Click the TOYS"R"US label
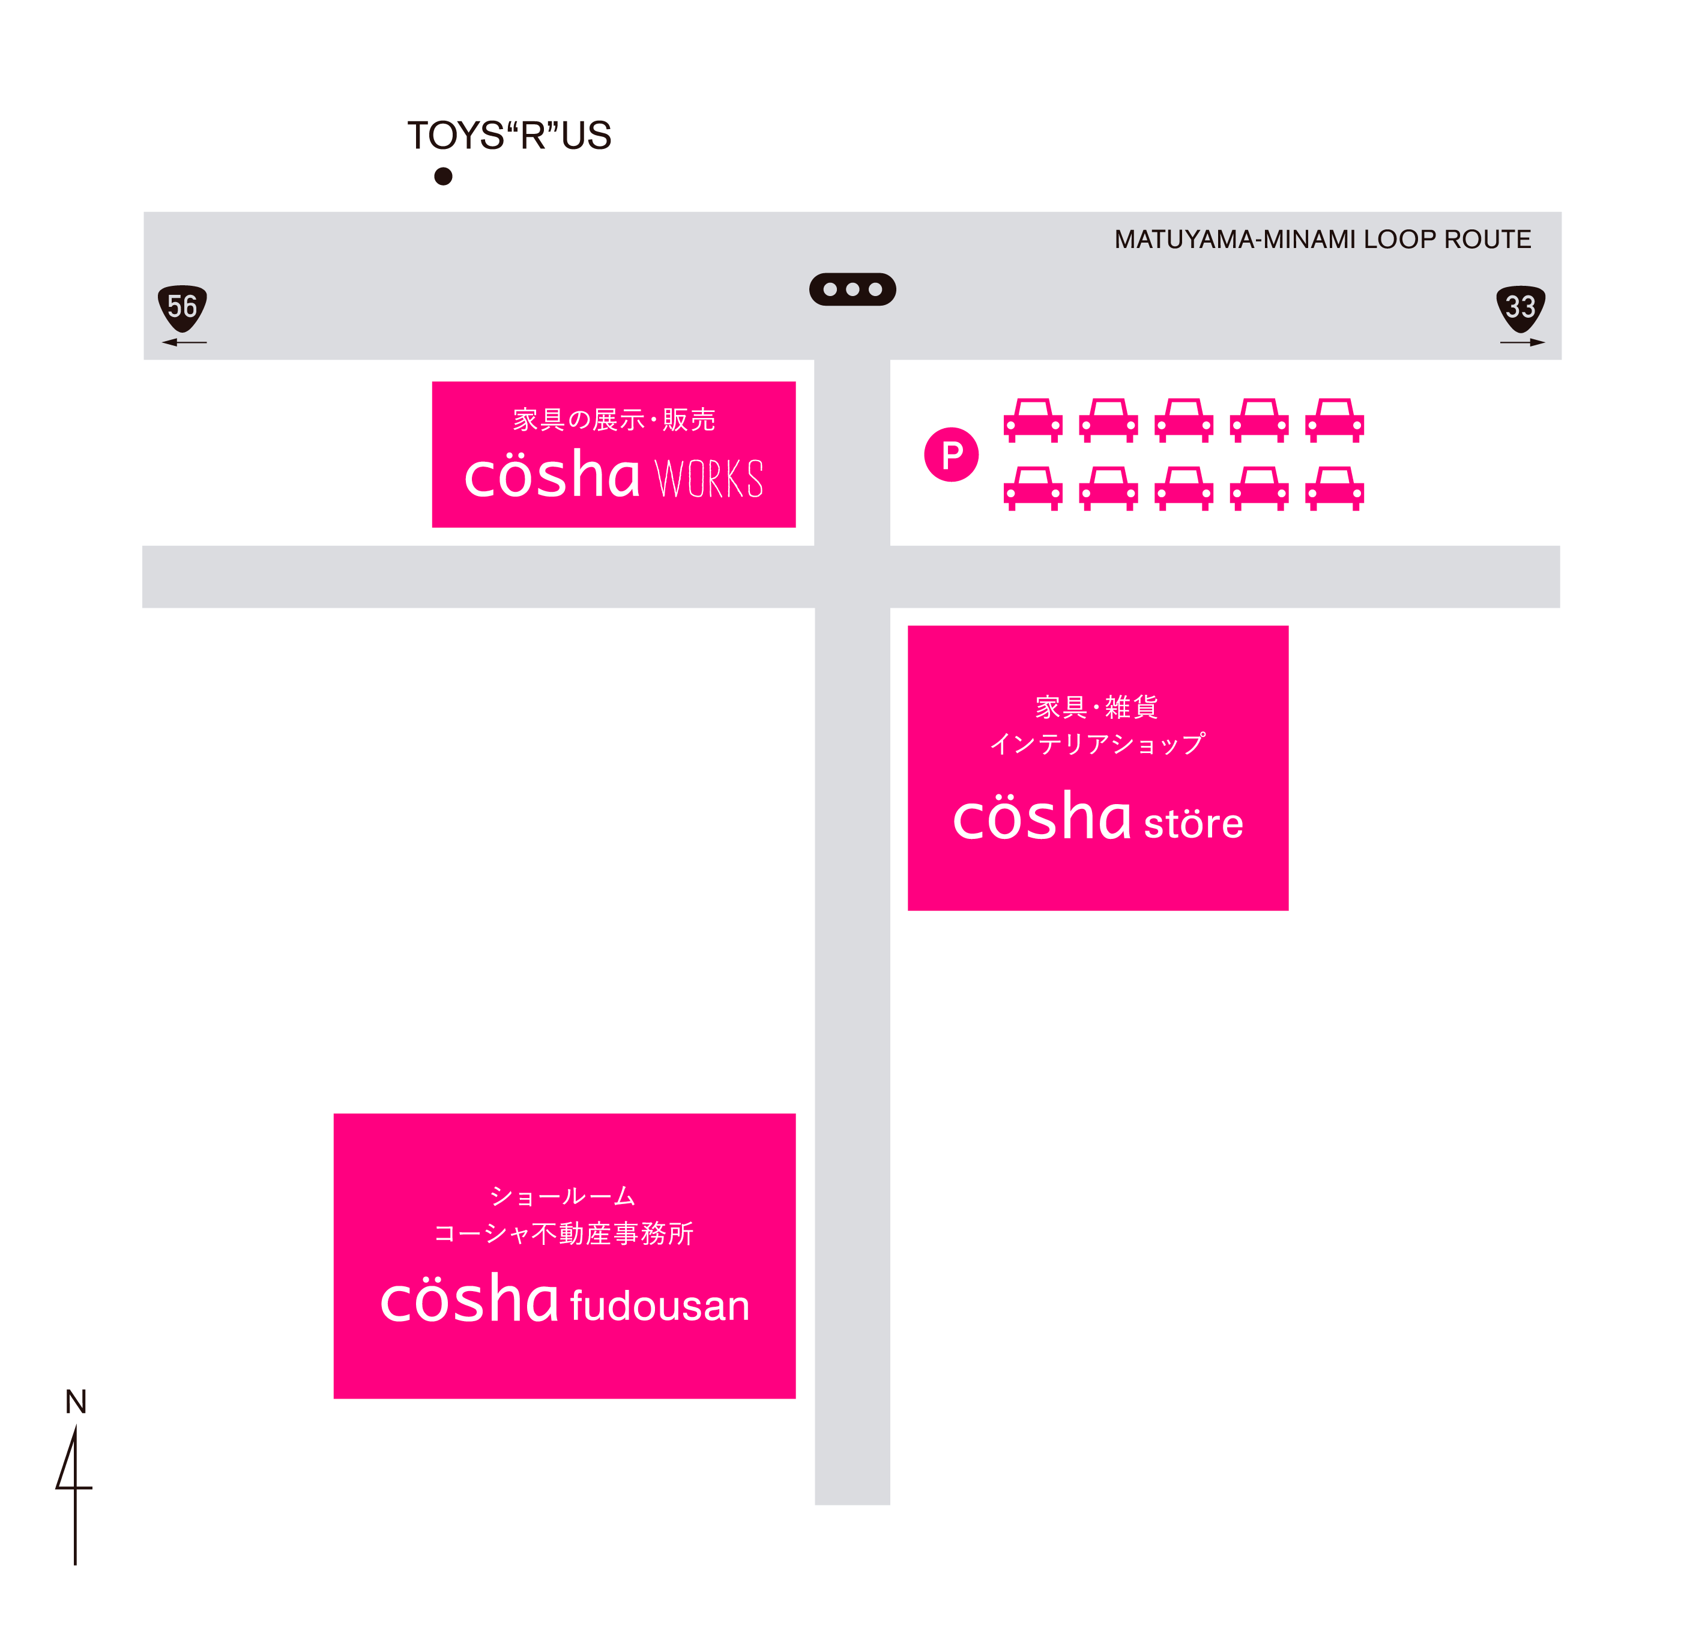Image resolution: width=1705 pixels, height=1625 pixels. pyautogui.click(x=509, y=135)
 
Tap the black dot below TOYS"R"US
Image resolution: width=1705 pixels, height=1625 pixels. pyautogui.click(x=443, y=177)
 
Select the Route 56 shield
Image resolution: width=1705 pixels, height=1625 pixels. pyautogui.click(x=183, y=307)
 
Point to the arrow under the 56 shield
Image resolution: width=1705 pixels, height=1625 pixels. pyautogui.click(x=184, y=342)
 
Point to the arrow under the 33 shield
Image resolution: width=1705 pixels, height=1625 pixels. pyautogui.click(x=1522, y=342)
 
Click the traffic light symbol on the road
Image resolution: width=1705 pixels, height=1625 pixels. pyautogui.click(x=852, y=289)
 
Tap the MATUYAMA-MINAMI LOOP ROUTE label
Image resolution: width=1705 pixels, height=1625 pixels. pyautogui.click(x=1322, y=239)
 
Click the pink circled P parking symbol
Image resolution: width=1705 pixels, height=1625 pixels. pyautogui.click(x=951, y=455)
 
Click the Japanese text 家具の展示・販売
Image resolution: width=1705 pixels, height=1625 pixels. pyautogui.click(x=614, y=420)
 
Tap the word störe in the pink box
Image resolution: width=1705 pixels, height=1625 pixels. pyautogui.click(x=1193, y=823)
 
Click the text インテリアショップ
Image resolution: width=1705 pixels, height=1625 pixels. pyautogui.click(x=1097, y=744)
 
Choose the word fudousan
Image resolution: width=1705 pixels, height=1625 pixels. pyautogui.click(x=659, y=1306)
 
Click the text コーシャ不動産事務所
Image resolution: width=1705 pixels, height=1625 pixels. pyautogui.click(x=564, y=1233)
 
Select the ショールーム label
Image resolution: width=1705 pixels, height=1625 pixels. pyautogui.click(x=563, y=1196)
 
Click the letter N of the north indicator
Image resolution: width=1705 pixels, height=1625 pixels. pyautogui.click(x=76, y=1402)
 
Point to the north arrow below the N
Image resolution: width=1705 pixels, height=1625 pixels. pyautogui.click(x=74, y=1496)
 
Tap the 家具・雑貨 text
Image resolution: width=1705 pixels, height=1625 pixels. pyautogui.click(x=1097, y=707)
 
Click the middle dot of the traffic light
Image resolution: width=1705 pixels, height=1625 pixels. pyautogui.click(x=852, y=289)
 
